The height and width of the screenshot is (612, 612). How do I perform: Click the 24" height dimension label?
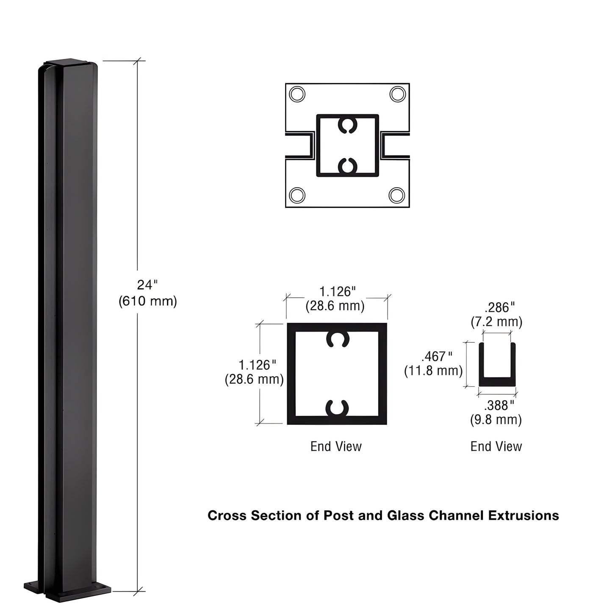[147, 285]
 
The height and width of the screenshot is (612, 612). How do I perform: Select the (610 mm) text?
[147, 301]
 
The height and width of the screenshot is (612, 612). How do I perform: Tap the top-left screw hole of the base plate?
[297, 94]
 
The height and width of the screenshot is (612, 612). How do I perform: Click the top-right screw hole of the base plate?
[398, 94]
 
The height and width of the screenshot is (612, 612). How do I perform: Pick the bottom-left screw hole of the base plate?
[297, 195]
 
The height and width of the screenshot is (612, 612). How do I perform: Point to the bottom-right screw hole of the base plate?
[397, 195]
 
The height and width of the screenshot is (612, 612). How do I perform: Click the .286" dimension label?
[500, 307]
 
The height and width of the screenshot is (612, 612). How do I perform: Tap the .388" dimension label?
[499, 406]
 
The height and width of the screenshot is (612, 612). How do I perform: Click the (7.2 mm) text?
[496, 322]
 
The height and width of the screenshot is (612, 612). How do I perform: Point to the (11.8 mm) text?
[433, 371]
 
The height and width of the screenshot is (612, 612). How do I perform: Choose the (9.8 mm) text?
[496, 420]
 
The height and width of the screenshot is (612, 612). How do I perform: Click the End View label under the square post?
[336, 446]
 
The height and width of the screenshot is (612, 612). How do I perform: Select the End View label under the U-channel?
[496, 446]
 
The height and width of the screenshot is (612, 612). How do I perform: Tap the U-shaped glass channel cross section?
[497, 381]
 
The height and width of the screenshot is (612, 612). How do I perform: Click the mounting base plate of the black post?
[67, 590]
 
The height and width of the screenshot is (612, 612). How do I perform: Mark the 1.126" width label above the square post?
[337, 292]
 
